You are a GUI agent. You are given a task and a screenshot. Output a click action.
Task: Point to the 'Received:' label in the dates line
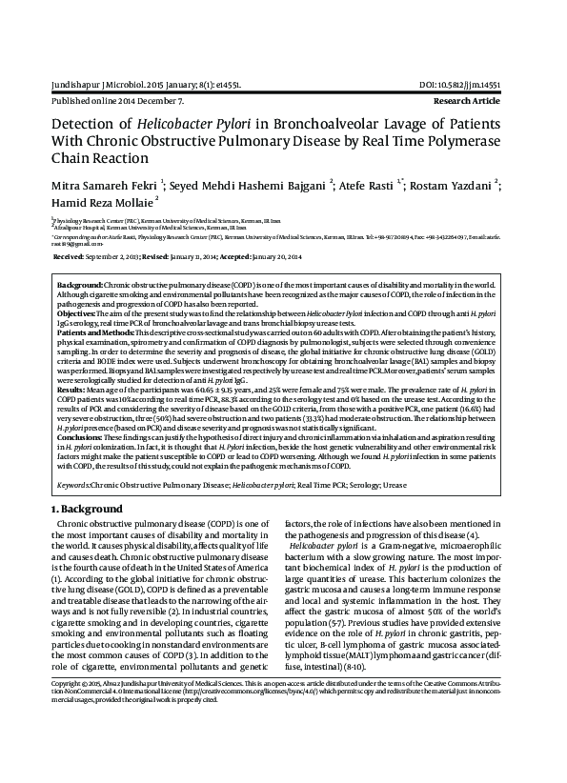click(71, 257)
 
